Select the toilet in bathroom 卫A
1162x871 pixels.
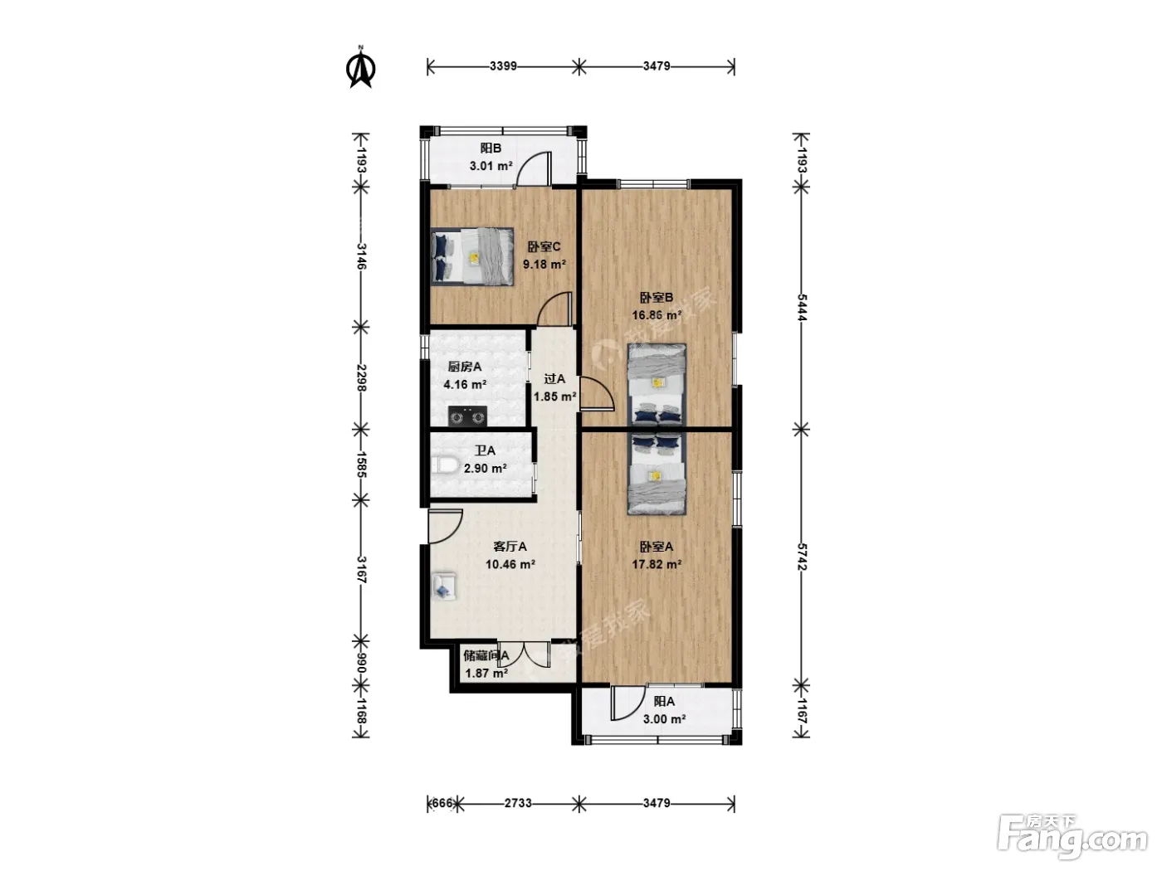click(x=444, y=465)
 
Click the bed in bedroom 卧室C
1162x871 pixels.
click(x=472, y=256)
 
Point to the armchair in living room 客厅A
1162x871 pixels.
click(x=444, y=586)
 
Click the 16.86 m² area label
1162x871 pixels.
click(x=657, y=315)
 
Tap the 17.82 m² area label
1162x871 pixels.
click(x=657, y=564)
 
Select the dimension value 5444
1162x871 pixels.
click(x=802, y=307)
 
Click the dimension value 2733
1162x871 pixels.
click(x=518, y=803)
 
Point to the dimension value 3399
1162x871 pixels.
click(x=503, y=66)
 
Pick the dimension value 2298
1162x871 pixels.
click(x=362, y=377)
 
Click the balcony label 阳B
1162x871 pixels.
click(x=491, y=148)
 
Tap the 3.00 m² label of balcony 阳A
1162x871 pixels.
click(x=664, y=719)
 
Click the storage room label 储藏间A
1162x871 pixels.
click(x=486, y=656)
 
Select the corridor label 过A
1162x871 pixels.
click(x=554, y=378)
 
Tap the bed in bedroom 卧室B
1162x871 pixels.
click(x=657, y=384)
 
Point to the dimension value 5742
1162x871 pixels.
click(x=802, y=557)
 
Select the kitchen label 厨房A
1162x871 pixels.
click(x=464, y=367)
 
